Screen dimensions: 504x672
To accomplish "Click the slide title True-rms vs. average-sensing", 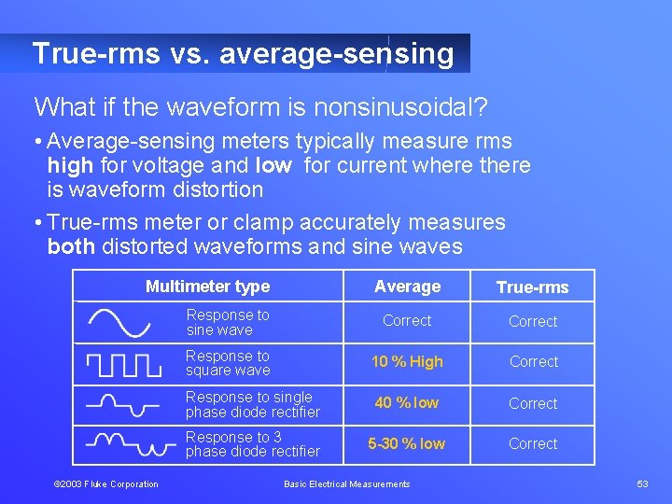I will (243, 53).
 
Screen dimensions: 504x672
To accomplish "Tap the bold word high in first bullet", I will (70, 166).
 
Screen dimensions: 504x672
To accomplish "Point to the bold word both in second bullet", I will (70, 246).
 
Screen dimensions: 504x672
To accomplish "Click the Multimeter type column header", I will (207, 287).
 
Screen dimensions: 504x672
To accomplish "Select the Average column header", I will (407, 287).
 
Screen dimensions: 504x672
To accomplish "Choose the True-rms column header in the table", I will (532, 287).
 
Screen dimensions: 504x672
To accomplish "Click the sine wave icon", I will (119, 323).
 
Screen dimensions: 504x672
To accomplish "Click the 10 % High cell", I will (407, 362).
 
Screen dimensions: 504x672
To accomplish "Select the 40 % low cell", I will (407, 403).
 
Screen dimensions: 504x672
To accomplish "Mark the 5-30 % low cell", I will (407, 443).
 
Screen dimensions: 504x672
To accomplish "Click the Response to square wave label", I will (228, 363).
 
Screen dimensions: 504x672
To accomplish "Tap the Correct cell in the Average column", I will (407, 320).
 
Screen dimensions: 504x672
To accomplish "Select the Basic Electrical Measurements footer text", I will (346, 483).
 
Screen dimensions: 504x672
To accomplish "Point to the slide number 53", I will (642, 483).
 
